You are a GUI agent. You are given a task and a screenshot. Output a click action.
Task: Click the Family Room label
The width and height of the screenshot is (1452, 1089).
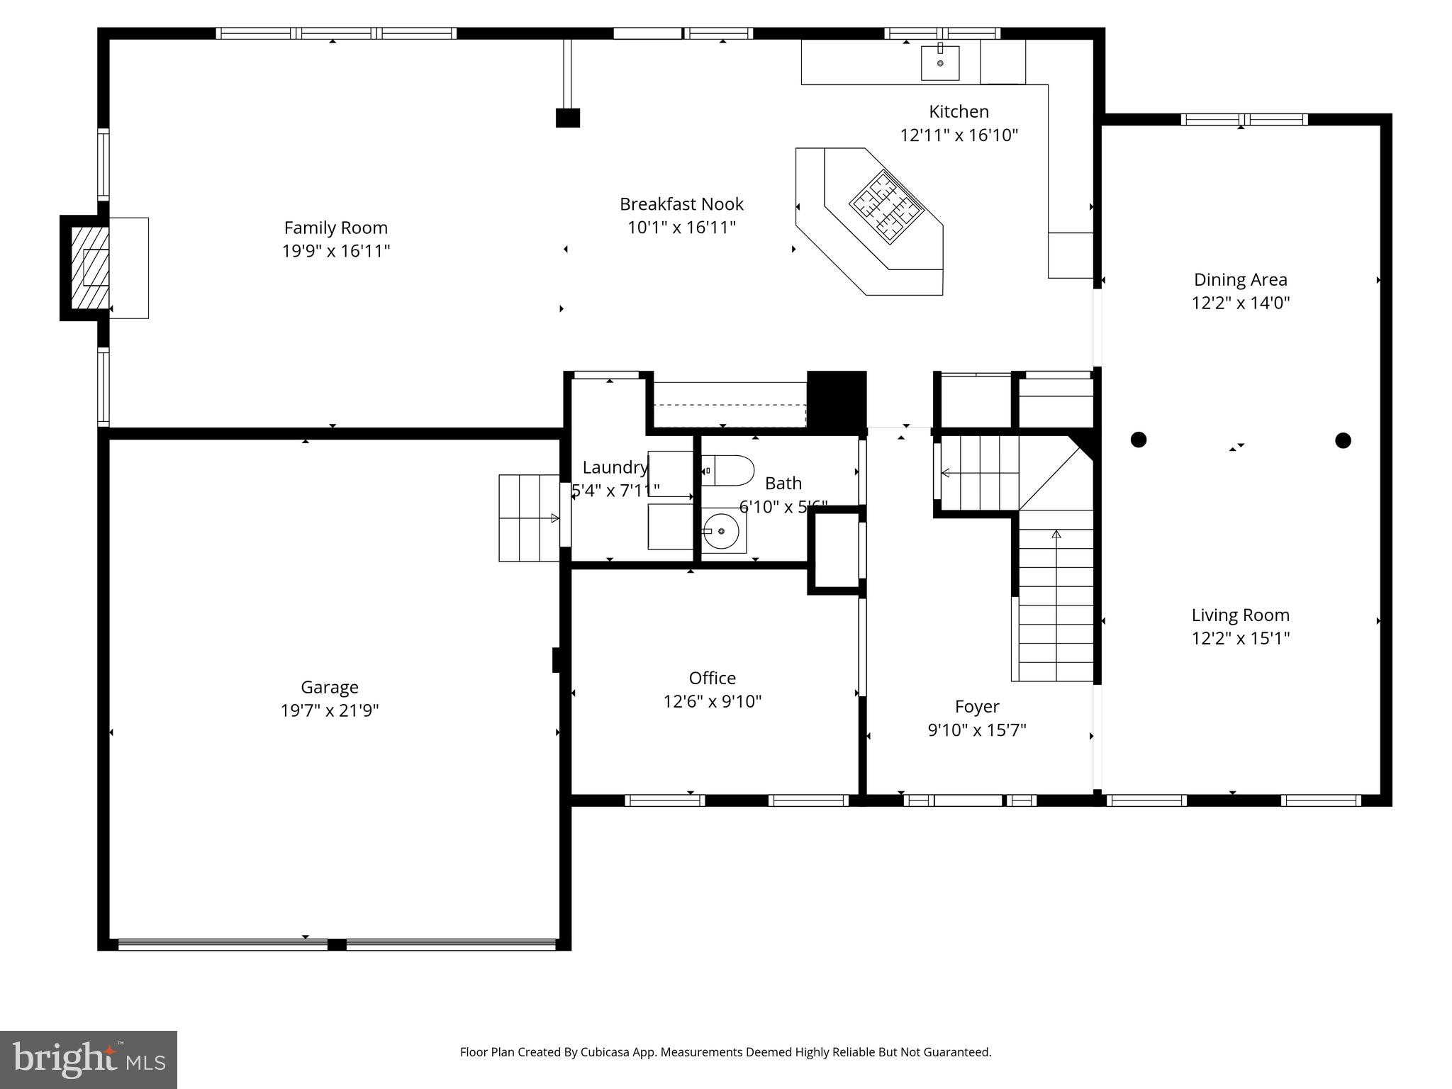pos(335,228)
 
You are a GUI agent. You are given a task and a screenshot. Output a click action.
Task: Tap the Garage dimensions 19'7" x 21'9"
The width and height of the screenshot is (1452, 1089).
pos(330,710)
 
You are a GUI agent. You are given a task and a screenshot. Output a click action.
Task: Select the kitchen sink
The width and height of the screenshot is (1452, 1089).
pos(940,63)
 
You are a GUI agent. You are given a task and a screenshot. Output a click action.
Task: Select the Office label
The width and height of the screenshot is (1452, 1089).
pos(712,678)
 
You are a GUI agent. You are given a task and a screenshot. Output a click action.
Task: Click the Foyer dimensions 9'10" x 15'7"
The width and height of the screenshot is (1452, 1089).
pos(977,730)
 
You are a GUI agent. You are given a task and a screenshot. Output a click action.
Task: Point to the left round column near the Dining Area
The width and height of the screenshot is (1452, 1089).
pos(1139,440)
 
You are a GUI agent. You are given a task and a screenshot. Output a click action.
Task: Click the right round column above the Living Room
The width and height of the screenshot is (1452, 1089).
pos(1343,440)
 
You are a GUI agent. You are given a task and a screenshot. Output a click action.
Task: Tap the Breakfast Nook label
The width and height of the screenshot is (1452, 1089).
pos(681,204)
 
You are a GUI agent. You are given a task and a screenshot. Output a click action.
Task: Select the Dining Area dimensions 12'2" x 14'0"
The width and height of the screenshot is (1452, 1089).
pos(1240,303)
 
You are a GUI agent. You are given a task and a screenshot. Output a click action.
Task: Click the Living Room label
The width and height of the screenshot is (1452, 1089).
pos(1240,615)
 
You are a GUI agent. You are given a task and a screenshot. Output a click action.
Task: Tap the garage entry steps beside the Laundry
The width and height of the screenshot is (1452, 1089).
pos(529,518)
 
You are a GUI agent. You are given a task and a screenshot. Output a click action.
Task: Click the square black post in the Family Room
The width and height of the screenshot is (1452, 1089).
pos(568,118)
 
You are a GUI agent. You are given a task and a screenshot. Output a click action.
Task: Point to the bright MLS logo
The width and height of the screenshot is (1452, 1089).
pos(89,1059)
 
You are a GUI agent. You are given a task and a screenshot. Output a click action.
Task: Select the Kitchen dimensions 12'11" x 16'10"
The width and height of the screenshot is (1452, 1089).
pos(959,135)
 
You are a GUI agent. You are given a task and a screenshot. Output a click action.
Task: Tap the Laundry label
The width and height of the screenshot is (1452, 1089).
pos(615,467)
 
